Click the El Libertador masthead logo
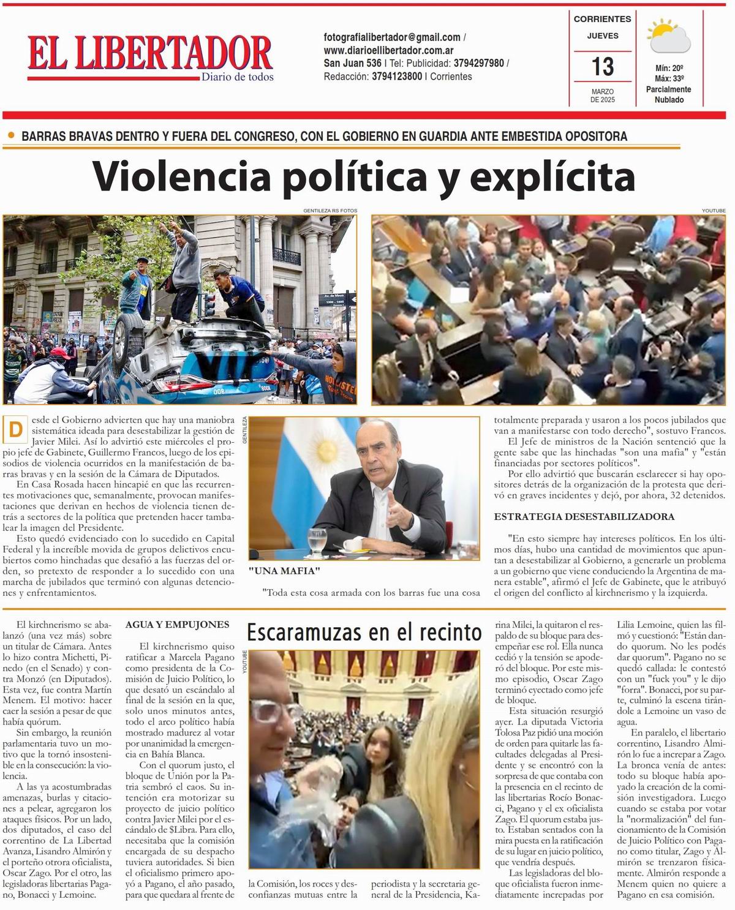[149, 54]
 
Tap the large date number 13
[603, 66]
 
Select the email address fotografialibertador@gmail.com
[392, 37]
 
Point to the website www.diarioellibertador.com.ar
[388, 50]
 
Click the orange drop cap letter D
[15, 430]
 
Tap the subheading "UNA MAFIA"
[285, 571]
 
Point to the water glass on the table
[317, 541]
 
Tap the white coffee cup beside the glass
[353, 544]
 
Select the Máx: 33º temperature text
[669, 79]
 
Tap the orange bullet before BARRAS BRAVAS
[11, 135]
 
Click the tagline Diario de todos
[237, 77]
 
